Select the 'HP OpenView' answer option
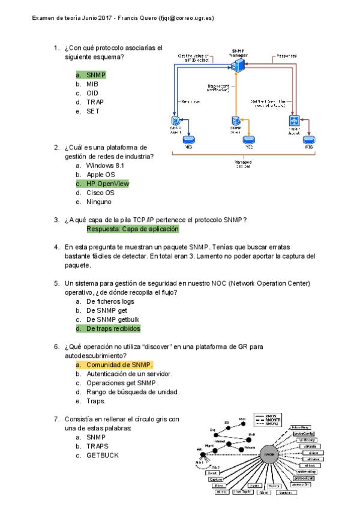pos(107,184)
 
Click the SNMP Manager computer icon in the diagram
pos(241,65)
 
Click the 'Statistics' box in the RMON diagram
pos(287,492)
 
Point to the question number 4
pos(56,247)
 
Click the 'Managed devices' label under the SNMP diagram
pos(243,164)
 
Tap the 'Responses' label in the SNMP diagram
pos(286,56)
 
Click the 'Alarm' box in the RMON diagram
pos(263,492)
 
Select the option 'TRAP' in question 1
pos(95,102)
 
